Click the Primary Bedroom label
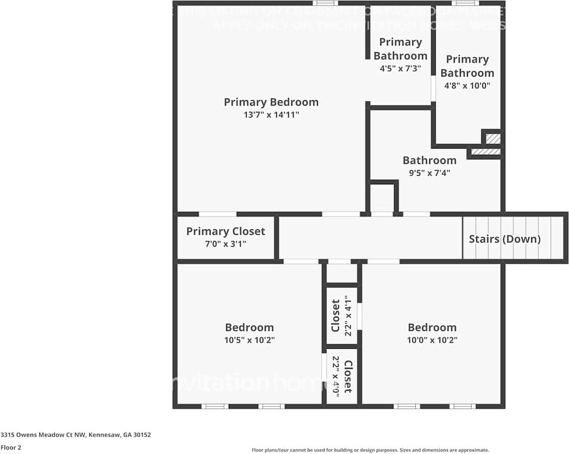[271, 102]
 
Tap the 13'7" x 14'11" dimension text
[271, 115]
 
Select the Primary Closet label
[226, 231]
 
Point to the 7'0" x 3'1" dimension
[226, 244]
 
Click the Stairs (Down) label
[504, 239]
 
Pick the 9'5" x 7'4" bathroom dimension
[429, 173]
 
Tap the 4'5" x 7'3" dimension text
[401, 68]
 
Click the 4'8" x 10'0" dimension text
[467, 86]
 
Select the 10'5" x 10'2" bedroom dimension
[250, 341]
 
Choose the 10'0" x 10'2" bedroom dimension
[432, 341]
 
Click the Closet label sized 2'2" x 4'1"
[335, 316]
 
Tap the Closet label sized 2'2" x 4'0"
[348, 376]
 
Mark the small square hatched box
[492, 138]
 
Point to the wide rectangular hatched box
[485, 152]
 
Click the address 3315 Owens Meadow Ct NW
[76, 435]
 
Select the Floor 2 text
[11, 448]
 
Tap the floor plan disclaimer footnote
[370, 450]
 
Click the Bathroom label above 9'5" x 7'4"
[429, 160]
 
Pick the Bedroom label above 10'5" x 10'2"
[250, 327]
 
